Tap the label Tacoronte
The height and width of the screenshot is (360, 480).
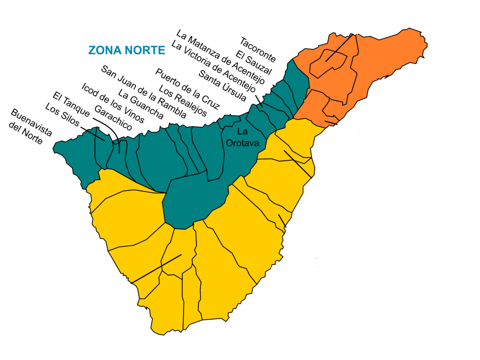pyautogui.click(x=258, y=49)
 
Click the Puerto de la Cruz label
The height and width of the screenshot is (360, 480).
pyautogui.click(x=187, y=89)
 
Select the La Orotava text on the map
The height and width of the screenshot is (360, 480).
pyautogui.click(x=242, y=137)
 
